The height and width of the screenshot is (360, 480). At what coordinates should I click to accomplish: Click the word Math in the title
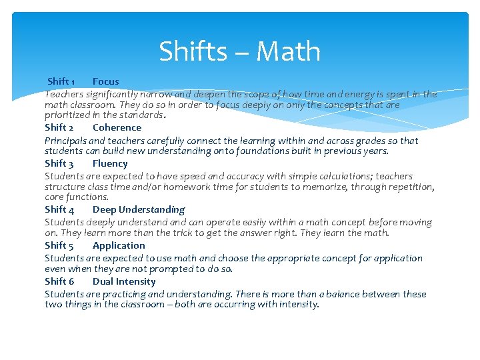click(288, 51)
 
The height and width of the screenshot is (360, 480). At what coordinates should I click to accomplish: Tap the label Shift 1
click(61, 81)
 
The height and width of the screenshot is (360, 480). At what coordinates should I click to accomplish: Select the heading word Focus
click(105, 81)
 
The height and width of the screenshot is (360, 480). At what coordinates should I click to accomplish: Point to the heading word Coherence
click(117, 127)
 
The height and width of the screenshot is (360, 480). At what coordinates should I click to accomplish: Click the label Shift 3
click(59, 163)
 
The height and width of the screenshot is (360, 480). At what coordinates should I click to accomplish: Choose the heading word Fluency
click(110, 163)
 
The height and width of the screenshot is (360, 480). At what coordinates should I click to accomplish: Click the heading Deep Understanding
click(139, 209)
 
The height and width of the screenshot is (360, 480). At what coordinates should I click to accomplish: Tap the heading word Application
click(119, 245)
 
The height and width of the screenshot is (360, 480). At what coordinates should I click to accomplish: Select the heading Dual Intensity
click(124, 281)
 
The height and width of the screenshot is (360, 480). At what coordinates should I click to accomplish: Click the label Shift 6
click(59, 281)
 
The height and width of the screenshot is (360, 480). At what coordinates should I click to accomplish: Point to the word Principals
click(65, 141)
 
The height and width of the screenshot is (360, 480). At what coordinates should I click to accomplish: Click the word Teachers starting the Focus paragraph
click(65, 94)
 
